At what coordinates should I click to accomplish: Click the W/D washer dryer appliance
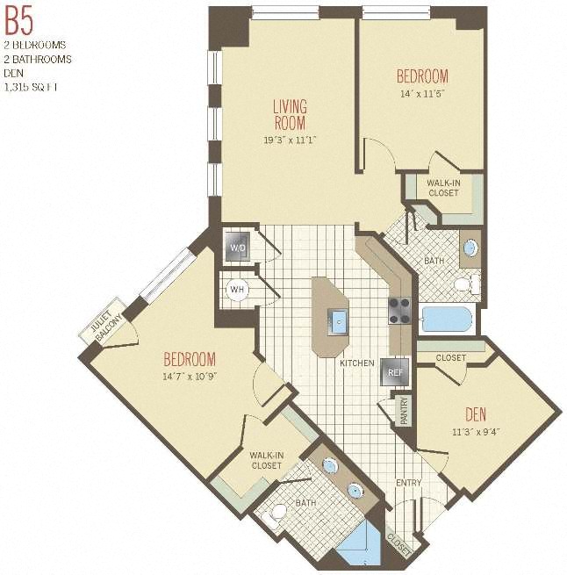coord(238,247)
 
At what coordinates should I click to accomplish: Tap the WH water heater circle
coord(237,290)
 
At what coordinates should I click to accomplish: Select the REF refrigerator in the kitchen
coord(395,372)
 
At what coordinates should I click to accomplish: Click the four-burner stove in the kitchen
coord(399,311)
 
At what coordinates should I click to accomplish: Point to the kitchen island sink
coord(338,321)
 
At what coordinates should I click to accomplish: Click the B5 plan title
coord(18,21)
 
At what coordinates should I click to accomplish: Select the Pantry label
coord(404,412)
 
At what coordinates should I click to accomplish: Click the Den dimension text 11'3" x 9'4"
coord(476,432)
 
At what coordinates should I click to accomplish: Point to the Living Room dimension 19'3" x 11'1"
coord(290,140)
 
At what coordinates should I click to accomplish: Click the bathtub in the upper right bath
coord(447,319)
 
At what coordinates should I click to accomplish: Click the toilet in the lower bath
coord(274,514)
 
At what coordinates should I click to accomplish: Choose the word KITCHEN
coord(357,363)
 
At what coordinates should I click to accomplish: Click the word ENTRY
coord(408,483)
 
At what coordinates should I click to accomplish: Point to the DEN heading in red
coord(476,414)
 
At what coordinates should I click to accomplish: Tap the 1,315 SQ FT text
coord(31,87)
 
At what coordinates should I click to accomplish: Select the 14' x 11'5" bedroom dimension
coord(422,94)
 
